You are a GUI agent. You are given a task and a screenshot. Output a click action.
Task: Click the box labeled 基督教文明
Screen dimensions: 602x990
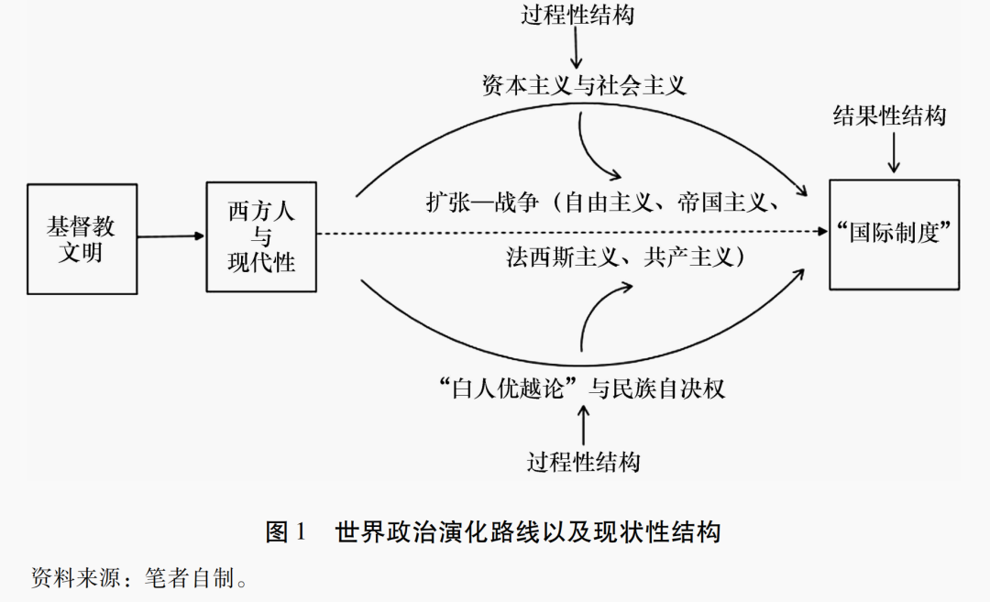pos(82,238)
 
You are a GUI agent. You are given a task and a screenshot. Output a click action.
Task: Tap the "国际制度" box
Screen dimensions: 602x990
pos(894,235)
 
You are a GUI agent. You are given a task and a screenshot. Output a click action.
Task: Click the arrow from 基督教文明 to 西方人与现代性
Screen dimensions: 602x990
pos(171,236)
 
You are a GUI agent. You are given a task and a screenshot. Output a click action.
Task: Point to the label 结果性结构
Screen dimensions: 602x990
pos(888,115)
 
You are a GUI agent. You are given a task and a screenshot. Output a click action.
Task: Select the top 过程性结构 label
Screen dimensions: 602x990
pos(577,16)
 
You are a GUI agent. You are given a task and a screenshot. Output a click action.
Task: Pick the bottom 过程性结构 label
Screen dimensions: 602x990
pos(583,461)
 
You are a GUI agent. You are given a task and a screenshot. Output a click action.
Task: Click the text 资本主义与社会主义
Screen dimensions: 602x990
pos(584,86)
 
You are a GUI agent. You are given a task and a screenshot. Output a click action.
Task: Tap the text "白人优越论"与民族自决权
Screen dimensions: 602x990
pos(582,389)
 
